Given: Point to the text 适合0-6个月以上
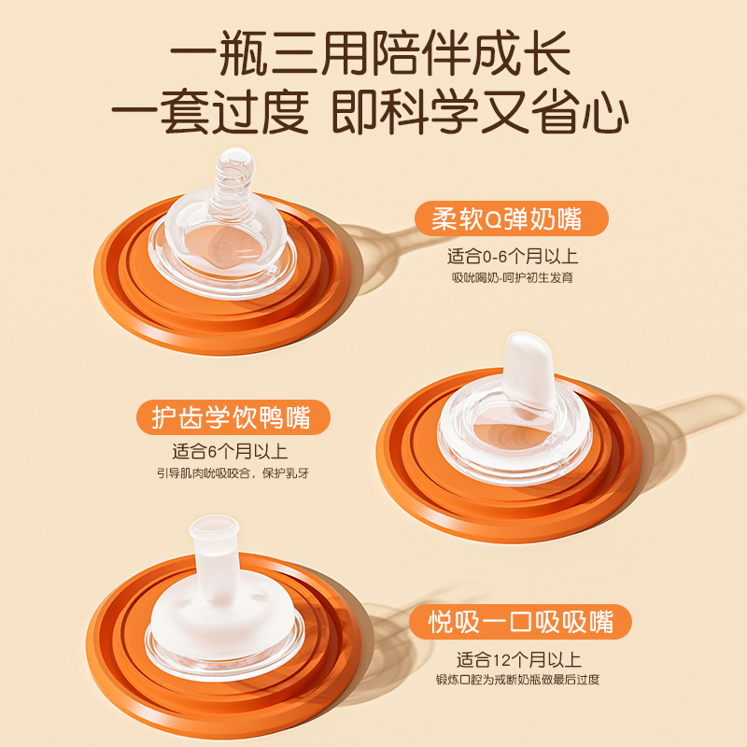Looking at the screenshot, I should point(512,255).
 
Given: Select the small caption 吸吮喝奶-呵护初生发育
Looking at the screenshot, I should point(512,277).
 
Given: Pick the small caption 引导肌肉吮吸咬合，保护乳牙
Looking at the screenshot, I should point(233,472).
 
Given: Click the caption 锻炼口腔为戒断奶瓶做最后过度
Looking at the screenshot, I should point(517,679).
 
